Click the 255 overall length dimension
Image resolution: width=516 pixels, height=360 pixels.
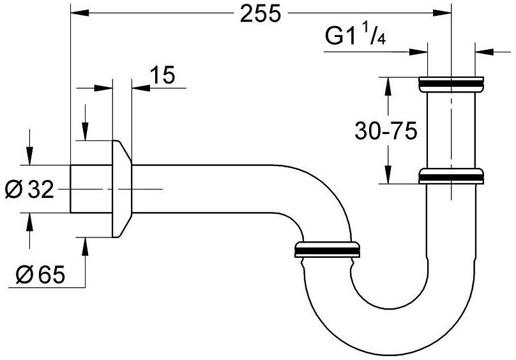(261, 14)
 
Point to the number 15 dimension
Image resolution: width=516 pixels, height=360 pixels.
(163, 76)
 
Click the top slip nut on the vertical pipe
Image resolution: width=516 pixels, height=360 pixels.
(451, 83)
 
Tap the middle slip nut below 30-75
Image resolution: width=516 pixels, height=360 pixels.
(451, 176)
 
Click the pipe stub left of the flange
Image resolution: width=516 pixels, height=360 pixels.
(91, 189)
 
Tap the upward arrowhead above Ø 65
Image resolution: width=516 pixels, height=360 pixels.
(85, 245)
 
